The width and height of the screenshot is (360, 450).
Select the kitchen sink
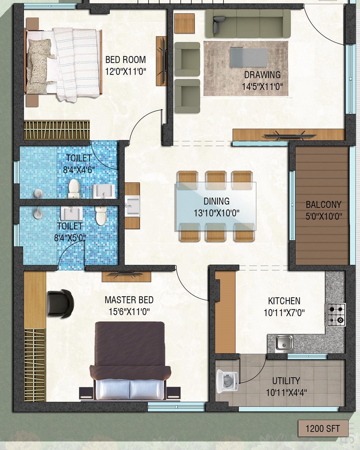(284, 364)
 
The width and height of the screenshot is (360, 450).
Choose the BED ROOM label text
(125, 60)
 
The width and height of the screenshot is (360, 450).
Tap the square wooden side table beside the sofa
(184, 23)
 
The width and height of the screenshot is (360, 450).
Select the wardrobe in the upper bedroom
(57, 130)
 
